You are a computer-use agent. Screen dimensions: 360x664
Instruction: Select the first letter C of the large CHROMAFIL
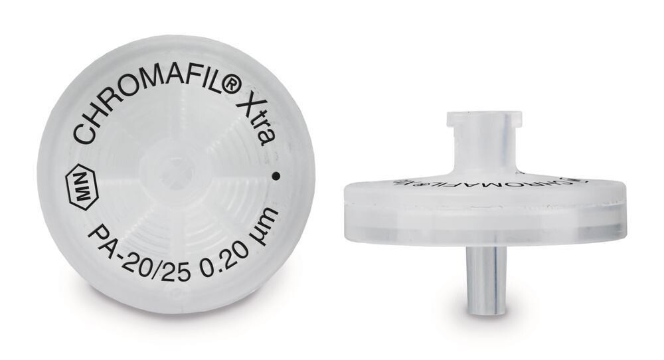click(84, 134)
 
